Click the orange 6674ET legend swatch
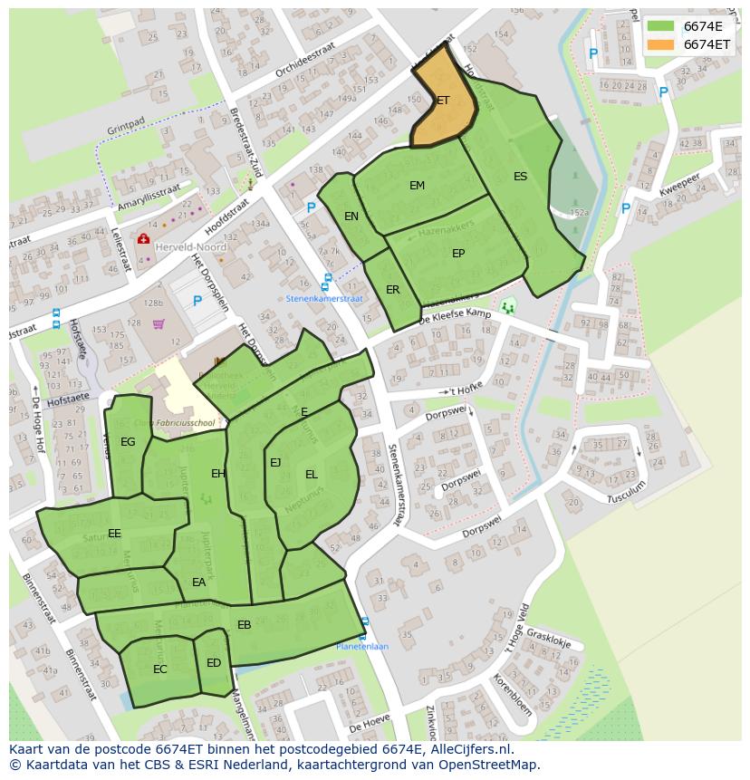(661, 44)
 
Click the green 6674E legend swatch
(661, 26)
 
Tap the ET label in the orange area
(443, 101)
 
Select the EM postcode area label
(417, 186)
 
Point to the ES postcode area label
(520, 177)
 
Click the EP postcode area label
(458, 254)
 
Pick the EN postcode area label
(351, 217)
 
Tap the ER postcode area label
(392, 290)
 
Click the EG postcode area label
(128, 442)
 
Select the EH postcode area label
(218, 474)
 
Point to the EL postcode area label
(312, 475)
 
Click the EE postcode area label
(114, 534)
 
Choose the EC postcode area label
(160, 669)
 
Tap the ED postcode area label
(214, 663)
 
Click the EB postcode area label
(245, 625)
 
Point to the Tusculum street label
(626, 491)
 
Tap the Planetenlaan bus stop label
(362, 647)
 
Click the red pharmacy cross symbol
(143, 239)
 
